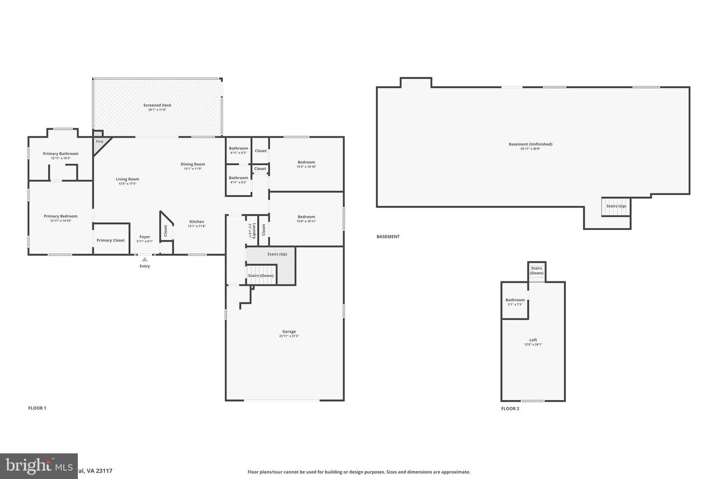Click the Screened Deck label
[x=157, y=105]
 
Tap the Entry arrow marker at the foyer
[x=144, y=259]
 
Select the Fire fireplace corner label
[x=99, y=142]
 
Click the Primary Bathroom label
[x=60, y=154]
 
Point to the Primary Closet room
[x=111, y=240]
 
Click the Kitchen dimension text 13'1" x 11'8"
[x=196, y=226]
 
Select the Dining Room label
[x=192, y=164]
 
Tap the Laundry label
[x=254, y=230]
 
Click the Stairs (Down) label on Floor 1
[x=261, y=275]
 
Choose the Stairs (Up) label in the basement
[x=616, y=206]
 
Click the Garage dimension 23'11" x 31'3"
[x=289, y=336]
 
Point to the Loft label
[x=533, y=340]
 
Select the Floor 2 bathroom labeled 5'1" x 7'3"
[x=515, y=301]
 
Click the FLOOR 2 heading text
[x=510, y=409]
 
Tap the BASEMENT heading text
[x=388, y=237]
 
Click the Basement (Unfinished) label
[x=530, y=144]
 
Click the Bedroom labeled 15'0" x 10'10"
[x=306, y=164]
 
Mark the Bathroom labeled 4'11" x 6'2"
[x=238, y=180]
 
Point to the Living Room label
[x=127, y=179]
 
